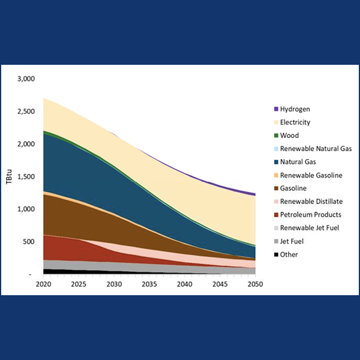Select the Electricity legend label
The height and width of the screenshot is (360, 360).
coord(296,122)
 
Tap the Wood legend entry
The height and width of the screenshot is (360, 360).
coord(289,136)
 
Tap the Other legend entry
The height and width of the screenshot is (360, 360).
coord(289,254)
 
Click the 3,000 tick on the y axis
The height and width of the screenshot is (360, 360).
coord(26,79)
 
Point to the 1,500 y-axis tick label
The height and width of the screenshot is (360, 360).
coord(26,176)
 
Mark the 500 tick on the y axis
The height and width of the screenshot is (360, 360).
coord(30,242)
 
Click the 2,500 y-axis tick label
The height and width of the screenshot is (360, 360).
coord(26,112)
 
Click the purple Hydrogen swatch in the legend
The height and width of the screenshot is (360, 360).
coord(276,109)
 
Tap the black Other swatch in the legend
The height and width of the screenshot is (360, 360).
coord(276,254)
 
